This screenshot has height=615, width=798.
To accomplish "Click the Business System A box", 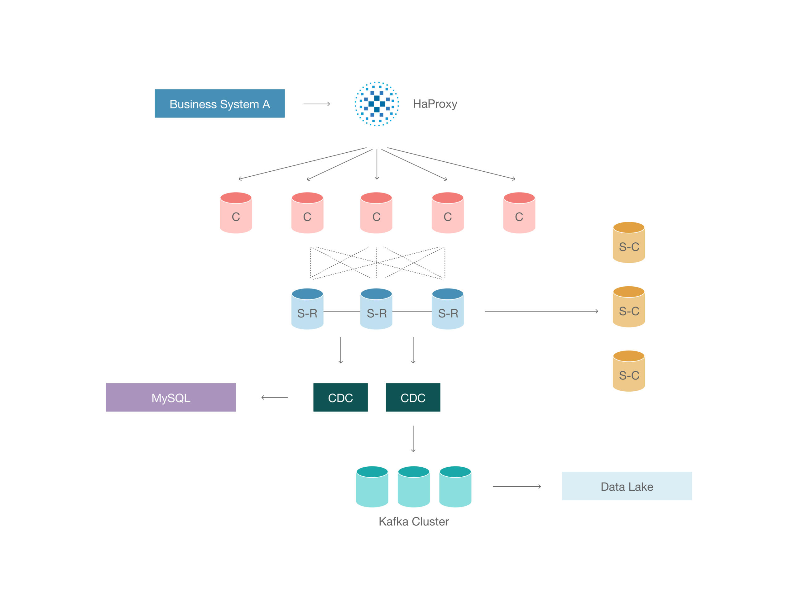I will pos(219,103).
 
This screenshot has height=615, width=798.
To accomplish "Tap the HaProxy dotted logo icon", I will pos(376,104).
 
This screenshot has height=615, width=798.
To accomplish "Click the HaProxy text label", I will pos(435,104).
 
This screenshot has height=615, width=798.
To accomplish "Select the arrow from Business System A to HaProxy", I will pos(316,104).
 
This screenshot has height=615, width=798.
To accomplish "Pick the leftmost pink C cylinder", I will pos(236,213).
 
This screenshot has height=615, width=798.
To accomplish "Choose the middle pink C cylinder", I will pos(376,213).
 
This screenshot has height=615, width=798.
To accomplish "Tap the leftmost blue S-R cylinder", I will pos(307,309).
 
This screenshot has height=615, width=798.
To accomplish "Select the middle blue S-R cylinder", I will pos(376,309).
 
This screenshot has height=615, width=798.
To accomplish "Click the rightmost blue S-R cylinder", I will pos(448,309).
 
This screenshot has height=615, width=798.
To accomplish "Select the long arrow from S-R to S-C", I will pos(541,311).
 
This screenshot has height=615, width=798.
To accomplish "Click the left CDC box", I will pos(340,397).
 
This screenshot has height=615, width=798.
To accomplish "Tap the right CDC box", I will pos(413,397).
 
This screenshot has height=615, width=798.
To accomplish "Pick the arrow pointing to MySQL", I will pos(274,397).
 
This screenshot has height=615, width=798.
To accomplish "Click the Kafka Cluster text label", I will pos(413,521).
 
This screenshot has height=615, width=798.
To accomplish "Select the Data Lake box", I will pos(627,486).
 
